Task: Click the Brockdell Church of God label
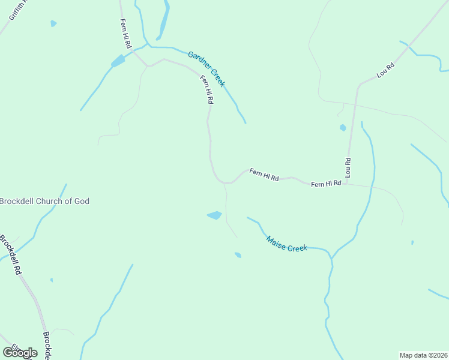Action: [x=45, y=201]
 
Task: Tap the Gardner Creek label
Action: [x=206, y=69]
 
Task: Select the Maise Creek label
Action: [x=286, y=243]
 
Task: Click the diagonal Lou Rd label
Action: [x=385, y=70]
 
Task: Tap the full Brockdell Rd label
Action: [x=10, y=255]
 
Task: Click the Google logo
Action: [x=20, y=353]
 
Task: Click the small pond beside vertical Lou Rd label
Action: [x=343, y=127]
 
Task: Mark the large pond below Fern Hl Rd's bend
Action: [x=214, y=215]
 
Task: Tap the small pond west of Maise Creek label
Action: [x=238, y=255]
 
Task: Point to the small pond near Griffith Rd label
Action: [x=53, y=23]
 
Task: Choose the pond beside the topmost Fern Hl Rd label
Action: [x=118, y=61]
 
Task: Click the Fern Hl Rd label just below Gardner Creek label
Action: [x=206, y=90]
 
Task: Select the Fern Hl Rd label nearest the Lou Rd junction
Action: [x=326, y=184]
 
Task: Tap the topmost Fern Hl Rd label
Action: [x=125, y=34]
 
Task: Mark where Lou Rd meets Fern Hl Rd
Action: [x=347, y=183]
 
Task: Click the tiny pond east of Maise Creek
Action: [x=412, y=242]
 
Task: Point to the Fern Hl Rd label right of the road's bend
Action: [x=264, y=175]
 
